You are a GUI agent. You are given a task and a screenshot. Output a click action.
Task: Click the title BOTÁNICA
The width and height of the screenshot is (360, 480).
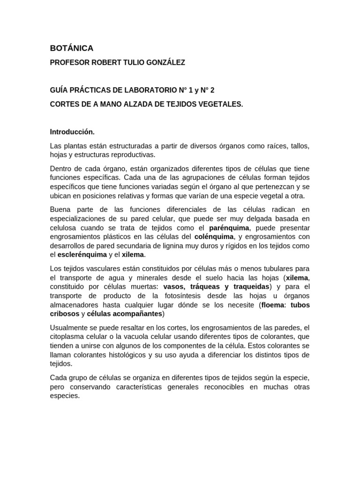coord(72,48)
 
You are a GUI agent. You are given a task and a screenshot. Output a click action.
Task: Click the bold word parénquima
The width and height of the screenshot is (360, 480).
coord(230,228)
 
